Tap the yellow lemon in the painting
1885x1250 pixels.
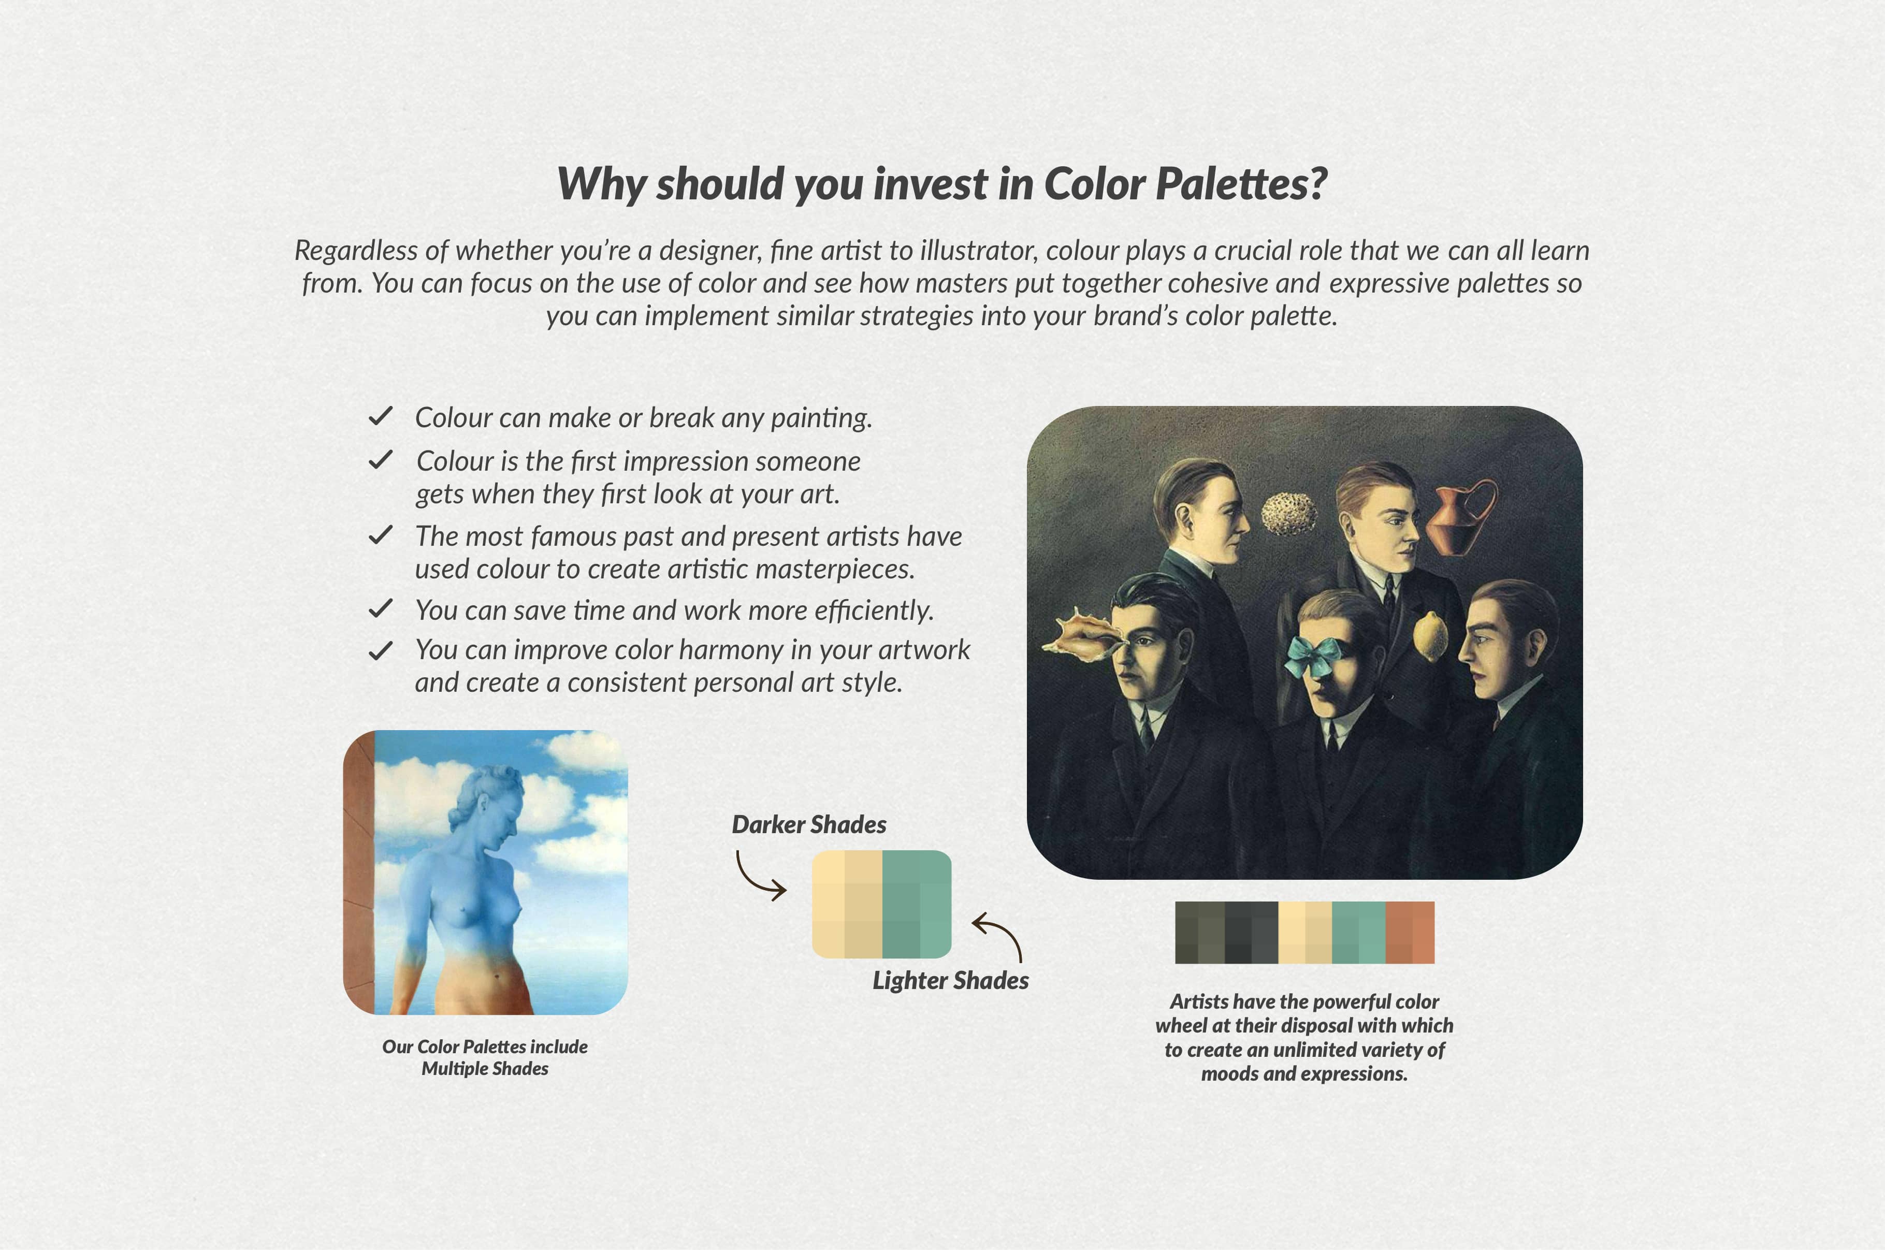(x=1431, y=636)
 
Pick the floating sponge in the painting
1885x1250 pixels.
(x=1289, y=513)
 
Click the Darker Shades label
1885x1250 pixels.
(x=809, y=824)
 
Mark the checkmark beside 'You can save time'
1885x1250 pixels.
(x=380, y=609)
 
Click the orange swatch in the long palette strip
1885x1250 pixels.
(x=1410, y=933)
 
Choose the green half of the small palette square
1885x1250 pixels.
(x=917, y=904)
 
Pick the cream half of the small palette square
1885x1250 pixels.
(x=847, y=904)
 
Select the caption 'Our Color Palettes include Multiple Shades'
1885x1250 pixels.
(x=485, y=1057)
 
